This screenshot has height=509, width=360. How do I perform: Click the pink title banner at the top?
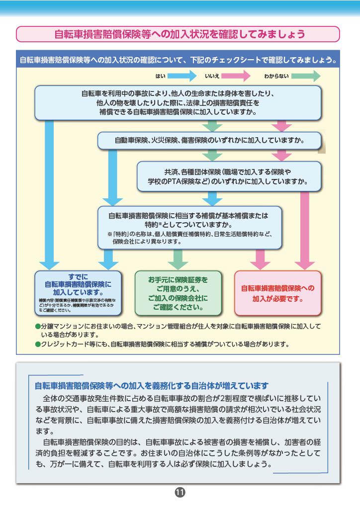[x=179, y=34]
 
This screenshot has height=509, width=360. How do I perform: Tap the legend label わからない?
[x=276, y=76]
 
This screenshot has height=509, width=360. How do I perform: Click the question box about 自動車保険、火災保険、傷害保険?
[x=209, y=140]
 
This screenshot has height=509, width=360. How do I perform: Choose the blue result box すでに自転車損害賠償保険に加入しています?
[x=78, y=292]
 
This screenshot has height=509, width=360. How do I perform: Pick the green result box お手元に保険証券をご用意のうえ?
[x=178, y=293]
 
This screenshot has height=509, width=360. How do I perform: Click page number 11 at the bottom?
[x=180, y=493]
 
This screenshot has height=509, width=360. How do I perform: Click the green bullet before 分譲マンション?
[x=37, y=327]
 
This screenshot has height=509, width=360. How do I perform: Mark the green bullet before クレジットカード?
[x=37, y=343]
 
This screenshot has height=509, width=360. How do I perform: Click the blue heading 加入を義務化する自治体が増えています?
[x=152, y=386]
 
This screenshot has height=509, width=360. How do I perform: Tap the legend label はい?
[x=160, y=76]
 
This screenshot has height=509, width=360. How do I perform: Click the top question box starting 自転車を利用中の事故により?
[x=178, y=102]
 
